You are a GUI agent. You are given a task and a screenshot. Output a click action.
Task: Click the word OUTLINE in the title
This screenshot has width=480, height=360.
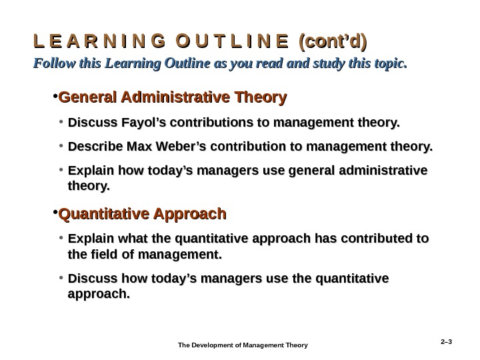pos(231,42)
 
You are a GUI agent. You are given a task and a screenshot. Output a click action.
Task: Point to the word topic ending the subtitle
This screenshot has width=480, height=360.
pos(389,64)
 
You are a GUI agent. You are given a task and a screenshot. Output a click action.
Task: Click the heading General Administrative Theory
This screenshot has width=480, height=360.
pos(173,98)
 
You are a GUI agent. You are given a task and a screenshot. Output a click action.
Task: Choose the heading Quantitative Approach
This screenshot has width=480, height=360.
pos(143,215)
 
